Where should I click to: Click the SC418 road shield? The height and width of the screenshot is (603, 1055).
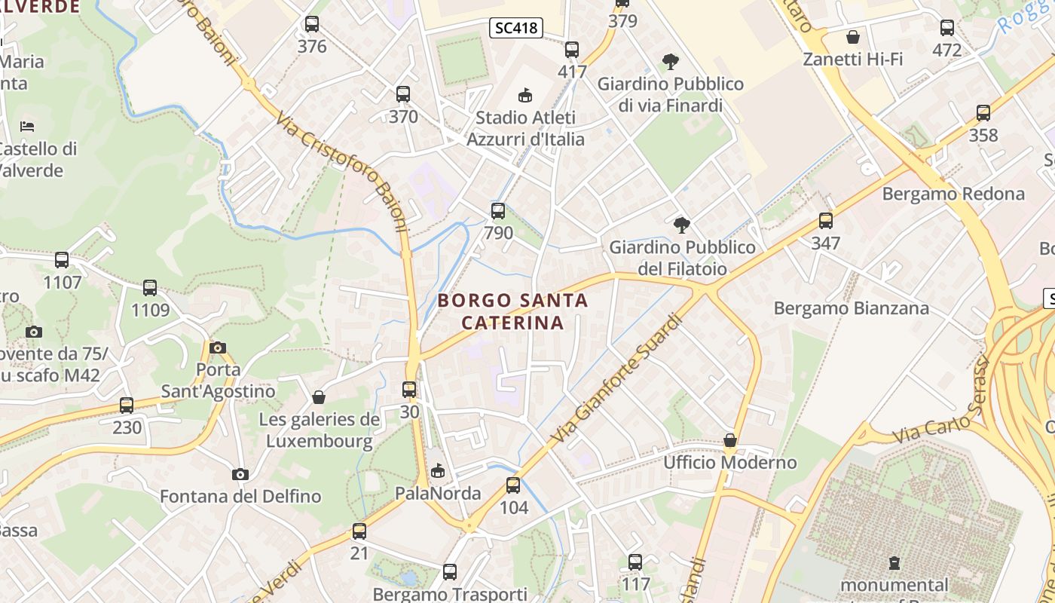(517, 29)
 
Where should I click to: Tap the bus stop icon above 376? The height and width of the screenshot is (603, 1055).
(312, 24)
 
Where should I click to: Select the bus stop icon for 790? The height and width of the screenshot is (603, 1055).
(498, 211)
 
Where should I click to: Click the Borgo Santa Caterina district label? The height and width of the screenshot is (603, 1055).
(512, 311)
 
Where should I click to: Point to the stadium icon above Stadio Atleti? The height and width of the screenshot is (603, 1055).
(525, 95)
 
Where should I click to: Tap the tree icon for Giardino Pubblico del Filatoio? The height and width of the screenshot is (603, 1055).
(682, 225)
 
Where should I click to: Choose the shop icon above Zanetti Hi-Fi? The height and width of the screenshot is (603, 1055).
(853, 37)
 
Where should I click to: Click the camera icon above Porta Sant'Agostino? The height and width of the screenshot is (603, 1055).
(218, 347)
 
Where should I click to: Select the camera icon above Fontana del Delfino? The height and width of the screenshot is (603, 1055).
(240, 475)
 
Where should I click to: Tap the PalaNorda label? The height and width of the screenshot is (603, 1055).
(438, 494)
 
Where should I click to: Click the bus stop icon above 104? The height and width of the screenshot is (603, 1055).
(513, 485)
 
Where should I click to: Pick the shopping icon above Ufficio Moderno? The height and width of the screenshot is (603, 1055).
(729, 440)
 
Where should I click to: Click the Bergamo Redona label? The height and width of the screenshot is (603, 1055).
(953, 194)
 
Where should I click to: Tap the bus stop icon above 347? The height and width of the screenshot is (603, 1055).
(826, 221)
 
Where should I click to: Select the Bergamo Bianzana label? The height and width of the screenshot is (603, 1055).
(852, 308)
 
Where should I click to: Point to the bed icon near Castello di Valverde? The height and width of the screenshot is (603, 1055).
(28, 126)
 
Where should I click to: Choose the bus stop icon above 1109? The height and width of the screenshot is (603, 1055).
(150, 288)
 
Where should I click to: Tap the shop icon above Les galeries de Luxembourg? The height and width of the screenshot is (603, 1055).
(319, 397)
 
